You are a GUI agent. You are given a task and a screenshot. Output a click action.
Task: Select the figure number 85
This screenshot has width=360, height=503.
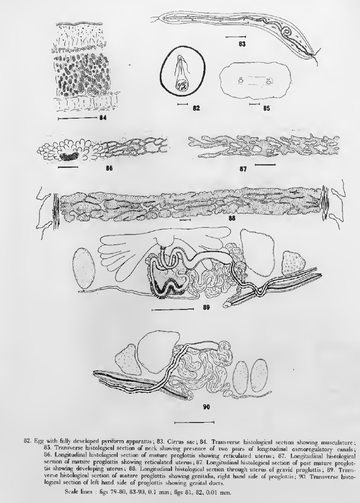coord(267,108)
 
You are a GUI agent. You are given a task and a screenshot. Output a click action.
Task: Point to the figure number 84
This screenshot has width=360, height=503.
coord(103,118)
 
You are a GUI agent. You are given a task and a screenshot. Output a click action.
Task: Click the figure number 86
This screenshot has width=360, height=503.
coord(109,168)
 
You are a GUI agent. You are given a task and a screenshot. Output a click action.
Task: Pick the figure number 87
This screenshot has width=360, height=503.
coord(243,169)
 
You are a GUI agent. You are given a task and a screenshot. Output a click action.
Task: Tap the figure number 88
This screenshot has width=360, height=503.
coord(233,218)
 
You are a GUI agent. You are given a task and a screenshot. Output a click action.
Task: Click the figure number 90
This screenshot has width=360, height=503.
coord(207,408)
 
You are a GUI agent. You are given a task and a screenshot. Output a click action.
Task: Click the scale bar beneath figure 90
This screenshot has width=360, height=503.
coord(194,423)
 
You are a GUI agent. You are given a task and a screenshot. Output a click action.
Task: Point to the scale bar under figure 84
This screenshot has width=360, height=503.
coord(77,118)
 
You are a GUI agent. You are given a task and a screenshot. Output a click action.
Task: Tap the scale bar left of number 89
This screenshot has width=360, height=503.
coord(173,309)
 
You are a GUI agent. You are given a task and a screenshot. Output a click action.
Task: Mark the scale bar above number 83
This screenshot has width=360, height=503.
coord(236,37)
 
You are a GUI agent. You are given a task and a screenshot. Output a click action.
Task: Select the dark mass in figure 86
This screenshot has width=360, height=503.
coord(68,156)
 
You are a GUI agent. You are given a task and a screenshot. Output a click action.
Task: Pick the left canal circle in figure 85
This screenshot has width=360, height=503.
coord(240,81)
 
